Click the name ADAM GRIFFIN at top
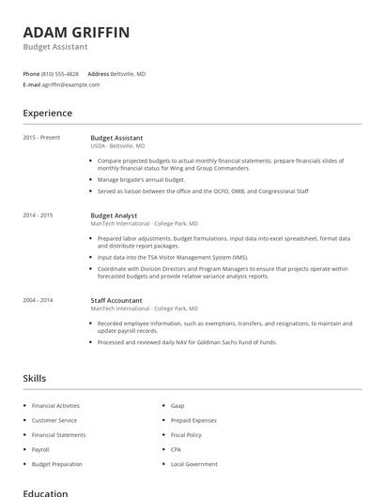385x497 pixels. [77, 33]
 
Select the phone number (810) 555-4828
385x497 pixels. [60, 73]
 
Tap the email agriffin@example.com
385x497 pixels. [70, 84]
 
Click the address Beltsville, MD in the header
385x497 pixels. [129, 73]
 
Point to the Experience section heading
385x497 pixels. [47, 113]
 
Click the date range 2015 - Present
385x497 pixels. [41, 138]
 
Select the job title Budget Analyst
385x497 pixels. [114, 215]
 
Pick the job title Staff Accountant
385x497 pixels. [116, 300]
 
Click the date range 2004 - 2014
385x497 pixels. [38, 300]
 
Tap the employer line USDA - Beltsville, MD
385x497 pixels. [117, 146]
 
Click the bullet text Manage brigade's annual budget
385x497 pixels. [141, 179]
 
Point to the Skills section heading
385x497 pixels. [34, 378]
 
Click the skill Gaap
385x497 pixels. [177, 406]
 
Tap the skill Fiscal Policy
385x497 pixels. [186, 435]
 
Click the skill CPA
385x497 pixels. [176, 449]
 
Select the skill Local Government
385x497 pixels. [193, 464]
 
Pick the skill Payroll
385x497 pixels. [40, 449]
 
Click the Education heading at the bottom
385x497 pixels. [45, 492]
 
